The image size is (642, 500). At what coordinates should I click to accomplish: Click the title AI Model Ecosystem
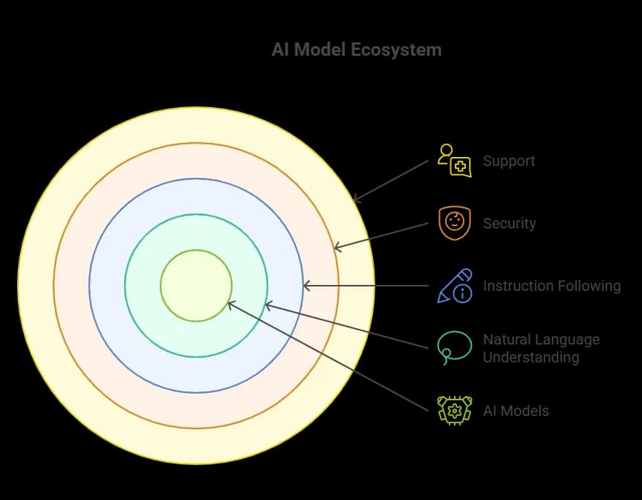[x=357, y=51]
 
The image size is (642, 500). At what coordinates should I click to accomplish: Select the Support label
[x=509, y=161]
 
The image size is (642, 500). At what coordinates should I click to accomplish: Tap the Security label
[x=509, y=223]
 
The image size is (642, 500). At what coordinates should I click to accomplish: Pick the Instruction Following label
[x=551, y=286]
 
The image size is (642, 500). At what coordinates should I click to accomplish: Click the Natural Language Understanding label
[x=541, y=348]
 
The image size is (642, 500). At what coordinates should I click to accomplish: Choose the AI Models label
[x=516, y=411]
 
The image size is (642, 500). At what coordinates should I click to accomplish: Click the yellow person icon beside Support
[x=454, y=161]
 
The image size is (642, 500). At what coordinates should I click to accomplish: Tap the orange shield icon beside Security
[x=454, y=222]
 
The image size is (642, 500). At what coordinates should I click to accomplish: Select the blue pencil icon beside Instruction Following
[x=454, y=286]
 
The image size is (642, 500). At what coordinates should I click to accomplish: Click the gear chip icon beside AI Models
[x=454, y=410]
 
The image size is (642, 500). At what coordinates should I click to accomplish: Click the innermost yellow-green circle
[x=196, y=286]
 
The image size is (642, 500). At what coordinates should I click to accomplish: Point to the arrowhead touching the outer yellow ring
[x=357, y=199]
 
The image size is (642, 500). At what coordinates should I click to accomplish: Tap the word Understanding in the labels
[x=531, y=357]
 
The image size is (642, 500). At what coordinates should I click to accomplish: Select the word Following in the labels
[x=587, y=286]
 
